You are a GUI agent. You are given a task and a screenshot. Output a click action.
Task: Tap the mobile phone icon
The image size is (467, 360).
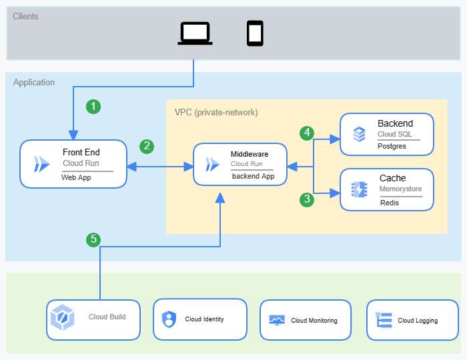tap(255, 33)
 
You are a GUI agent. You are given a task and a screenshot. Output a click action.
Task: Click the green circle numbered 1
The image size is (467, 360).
tap(94, 106)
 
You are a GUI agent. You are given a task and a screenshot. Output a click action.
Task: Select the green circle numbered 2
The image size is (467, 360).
tap(146, 146)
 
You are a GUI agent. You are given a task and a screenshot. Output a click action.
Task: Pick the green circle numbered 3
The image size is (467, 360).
tap(307, 199)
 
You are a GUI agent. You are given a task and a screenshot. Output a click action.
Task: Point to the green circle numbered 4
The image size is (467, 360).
tap(307, 133)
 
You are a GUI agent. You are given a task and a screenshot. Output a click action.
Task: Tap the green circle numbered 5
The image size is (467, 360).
tap(94, 239)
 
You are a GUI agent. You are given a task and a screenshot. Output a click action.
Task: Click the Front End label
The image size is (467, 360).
tap(81, 153)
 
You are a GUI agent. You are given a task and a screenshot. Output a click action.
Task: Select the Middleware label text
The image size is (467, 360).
tap(250, 154)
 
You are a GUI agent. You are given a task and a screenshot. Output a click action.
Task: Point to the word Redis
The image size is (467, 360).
tap(389, 203)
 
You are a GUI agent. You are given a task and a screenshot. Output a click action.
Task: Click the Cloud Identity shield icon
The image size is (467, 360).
tap(167, 319)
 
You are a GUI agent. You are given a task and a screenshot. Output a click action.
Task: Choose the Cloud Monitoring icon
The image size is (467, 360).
tap(277, 321)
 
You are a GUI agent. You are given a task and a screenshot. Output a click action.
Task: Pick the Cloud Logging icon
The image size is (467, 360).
tap(384, 321)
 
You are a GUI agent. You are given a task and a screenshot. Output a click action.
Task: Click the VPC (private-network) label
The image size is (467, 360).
tap(215, 112)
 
